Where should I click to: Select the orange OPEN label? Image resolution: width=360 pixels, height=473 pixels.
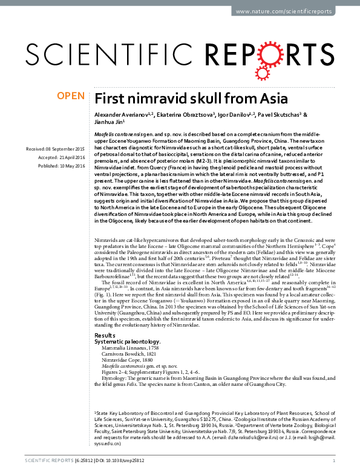[x=71, y=96]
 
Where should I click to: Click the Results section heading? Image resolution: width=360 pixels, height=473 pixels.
[x=104, y=334]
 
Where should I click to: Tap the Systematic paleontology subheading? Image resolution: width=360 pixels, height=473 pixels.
[x=128, y=341]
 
